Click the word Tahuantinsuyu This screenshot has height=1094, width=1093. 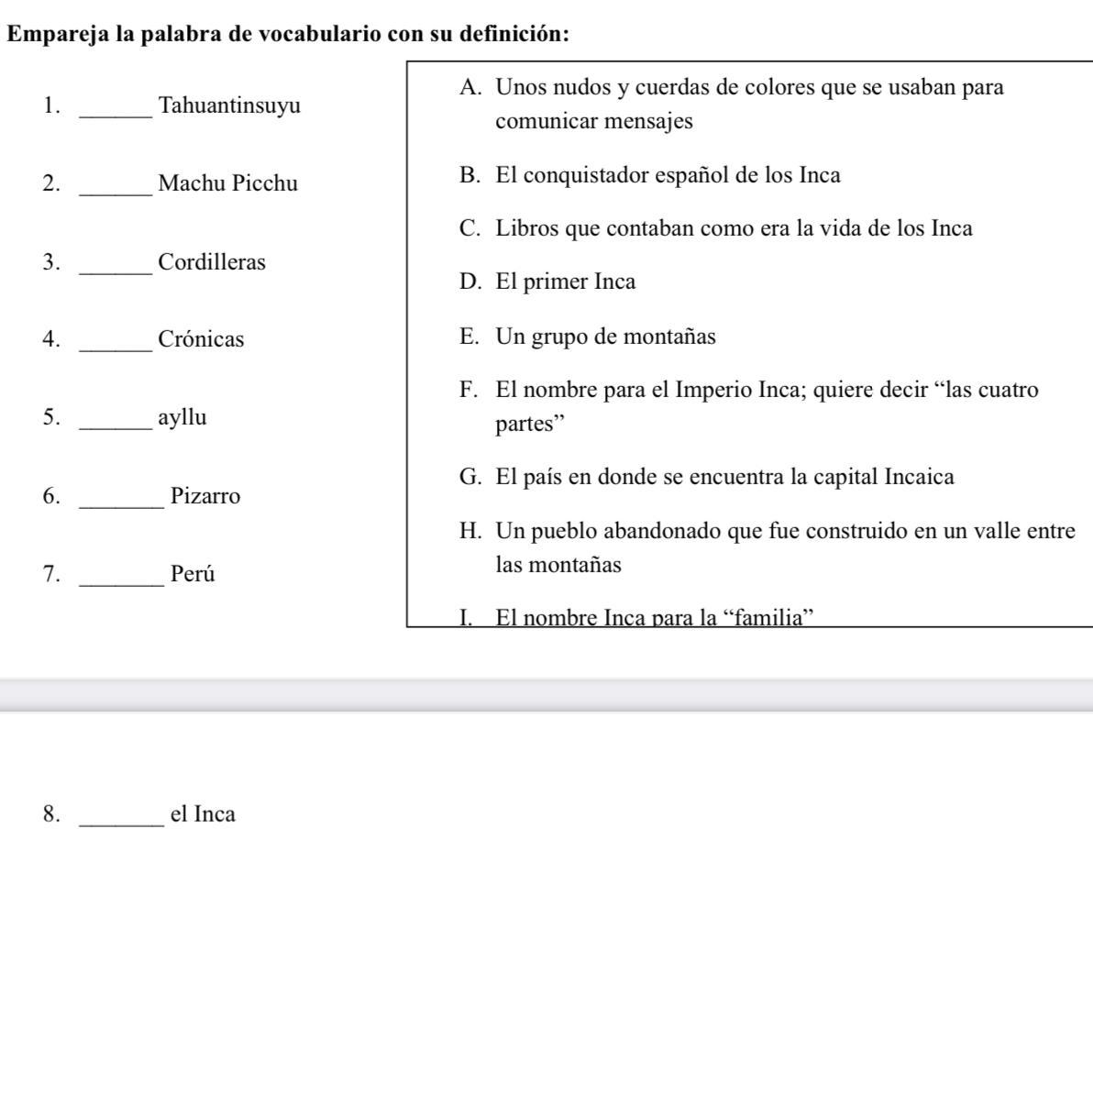coord(229,105)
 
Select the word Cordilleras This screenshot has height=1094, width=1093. coord(212,262)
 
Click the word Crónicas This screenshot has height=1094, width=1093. coord(201,339)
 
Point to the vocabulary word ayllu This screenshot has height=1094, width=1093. coord(182,418)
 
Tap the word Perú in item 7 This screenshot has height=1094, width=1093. coord(193,574)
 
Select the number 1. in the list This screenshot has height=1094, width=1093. coord(51,105)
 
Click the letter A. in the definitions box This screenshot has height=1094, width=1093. coord(471,87)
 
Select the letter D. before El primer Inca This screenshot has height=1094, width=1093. coord(470,282)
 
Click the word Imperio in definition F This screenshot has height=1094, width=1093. coord(713,390)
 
